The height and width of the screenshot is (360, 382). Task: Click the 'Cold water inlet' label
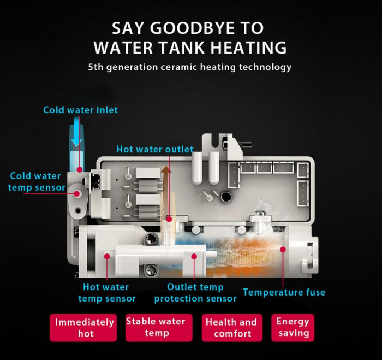point(80,110)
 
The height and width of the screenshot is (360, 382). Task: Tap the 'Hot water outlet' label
point(155,149)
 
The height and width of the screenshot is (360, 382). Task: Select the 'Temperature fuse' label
point(284,292)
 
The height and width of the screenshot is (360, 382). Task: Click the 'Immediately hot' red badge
point(83,328)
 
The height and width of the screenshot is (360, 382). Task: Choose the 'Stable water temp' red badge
point(159,328)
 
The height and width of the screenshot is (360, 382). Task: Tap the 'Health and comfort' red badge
point(232,328)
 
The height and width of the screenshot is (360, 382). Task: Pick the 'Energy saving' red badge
point(293,328)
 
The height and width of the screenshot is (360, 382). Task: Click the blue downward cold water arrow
point(77,132)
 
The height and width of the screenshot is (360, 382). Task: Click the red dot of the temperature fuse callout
point(283,250)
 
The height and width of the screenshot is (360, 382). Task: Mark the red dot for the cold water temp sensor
point(77,194)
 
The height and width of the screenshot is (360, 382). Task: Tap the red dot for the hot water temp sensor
point(107,256)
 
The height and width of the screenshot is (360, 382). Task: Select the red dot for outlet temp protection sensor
point(194,256)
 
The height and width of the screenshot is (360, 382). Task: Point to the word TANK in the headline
point(182,48)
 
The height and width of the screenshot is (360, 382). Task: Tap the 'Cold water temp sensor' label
point(37,182)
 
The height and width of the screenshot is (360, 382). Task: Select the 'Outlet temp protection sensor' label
point(195,293)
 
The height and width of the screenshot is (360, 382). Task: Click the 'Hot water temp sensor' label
point(107,293)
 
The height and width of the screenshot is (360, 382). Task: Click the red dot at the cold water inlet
point(80,169)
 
